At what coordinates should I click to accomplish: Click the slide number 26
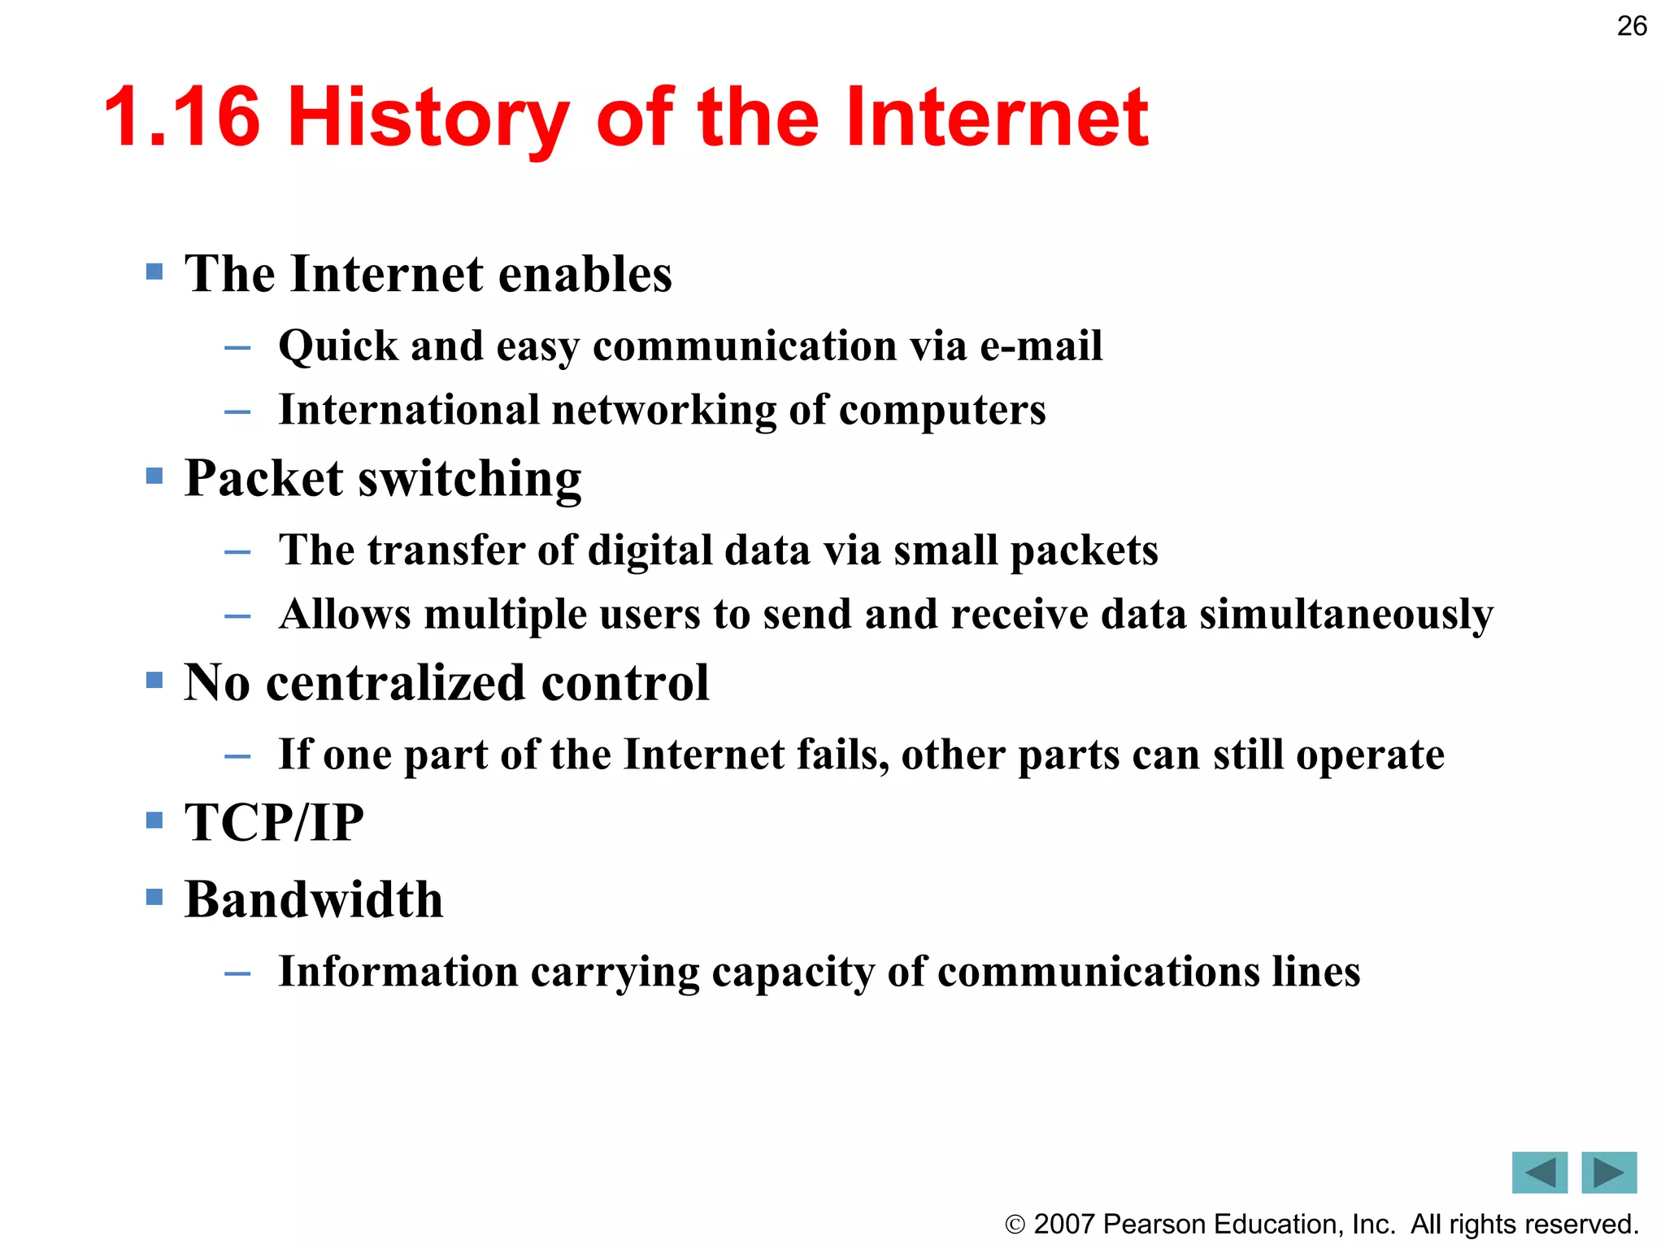[1631, 26]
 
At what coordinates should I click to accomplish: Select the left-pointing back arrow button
[1539, 1172]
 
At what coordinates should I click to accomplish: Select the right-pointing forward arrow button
[1609, 1172]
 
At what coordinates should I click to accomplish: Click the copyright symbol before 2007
[1015, 1225]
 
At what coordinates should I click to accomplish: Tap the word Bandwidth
[314, 900]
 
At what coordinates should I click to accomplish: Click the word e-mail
[1041, 346]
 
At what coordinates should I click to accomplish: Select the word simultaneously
[1346, 615]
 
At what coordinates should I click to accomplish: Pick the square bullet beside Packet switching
[154, 475]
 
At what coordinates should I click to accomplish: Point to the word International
[409, 409]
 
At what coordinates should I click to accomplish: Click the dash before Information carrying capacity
[237, 973]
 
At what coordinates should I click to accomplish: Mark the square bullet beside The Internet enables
[154, 271]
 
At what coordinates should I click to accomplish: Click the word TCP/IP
[274, 822]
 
